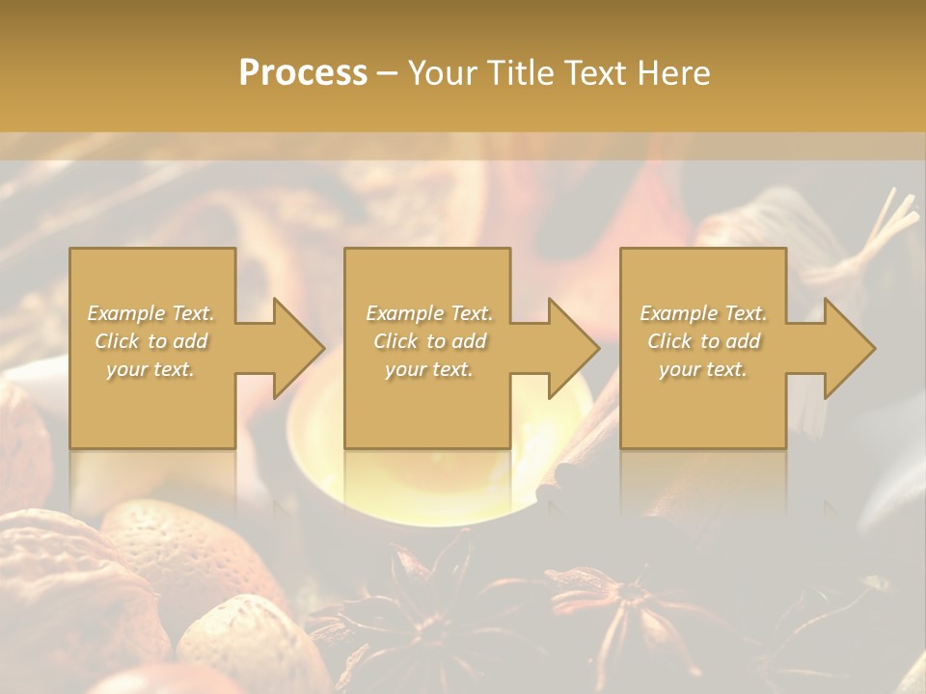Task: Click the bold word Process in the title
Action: [303, 73]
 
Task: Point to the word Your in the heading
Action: [444, 73]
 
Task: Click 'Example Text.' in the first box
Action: [151, 313]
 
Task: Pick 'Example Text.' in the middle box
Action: [429, 313]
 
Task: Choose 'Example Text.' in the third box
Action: [703, 313]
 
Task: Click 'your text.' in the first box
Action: [150, 369]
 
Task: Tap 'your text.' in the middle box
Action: [428, 369]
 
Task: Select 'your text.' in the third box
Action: [703, 369]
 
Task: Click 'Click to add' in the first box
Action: [151, 341]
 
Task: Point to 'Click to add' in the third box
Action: [703, 341]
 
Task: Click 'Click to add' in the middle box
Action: [429, 341]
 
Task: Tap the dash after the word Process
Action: [388, 74]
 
